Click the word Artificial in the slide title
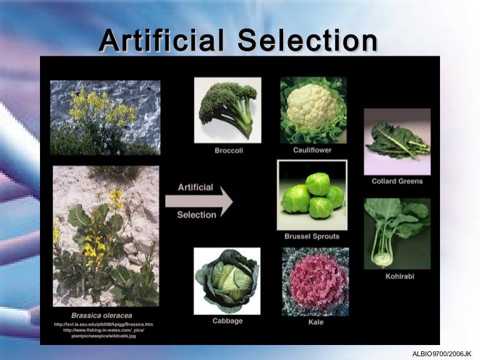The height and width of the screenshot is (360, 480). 161,41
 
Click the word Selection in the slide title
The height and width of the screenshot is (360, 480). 308,41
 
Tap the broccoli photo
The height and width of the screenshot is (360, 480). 227,109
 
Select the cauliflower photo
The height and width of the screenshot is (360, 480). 313,110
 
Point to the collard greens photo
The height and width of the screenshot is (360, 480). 397,141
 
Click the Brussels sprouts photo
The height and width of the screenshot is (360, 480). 312,195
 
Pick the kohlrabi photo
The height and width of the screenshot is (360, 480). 397,233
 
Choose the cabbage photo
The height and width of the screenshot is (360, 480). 227,281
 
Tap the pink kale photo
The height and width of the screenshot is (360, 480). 316,281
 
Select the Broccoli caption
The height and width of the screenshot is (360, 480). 228,151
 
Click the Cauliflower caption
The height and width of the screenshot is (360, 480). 312,150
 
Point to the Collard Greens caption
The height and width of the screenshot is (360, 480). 397,181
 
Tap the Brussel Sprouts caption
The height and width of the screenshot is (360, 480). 312,237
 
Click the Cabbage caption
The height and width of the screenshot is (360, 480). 227,321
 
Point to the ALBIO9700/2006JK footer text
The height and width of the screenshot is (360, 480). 442,353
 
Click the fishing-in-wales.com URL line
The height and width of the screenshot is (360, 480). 105,330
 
